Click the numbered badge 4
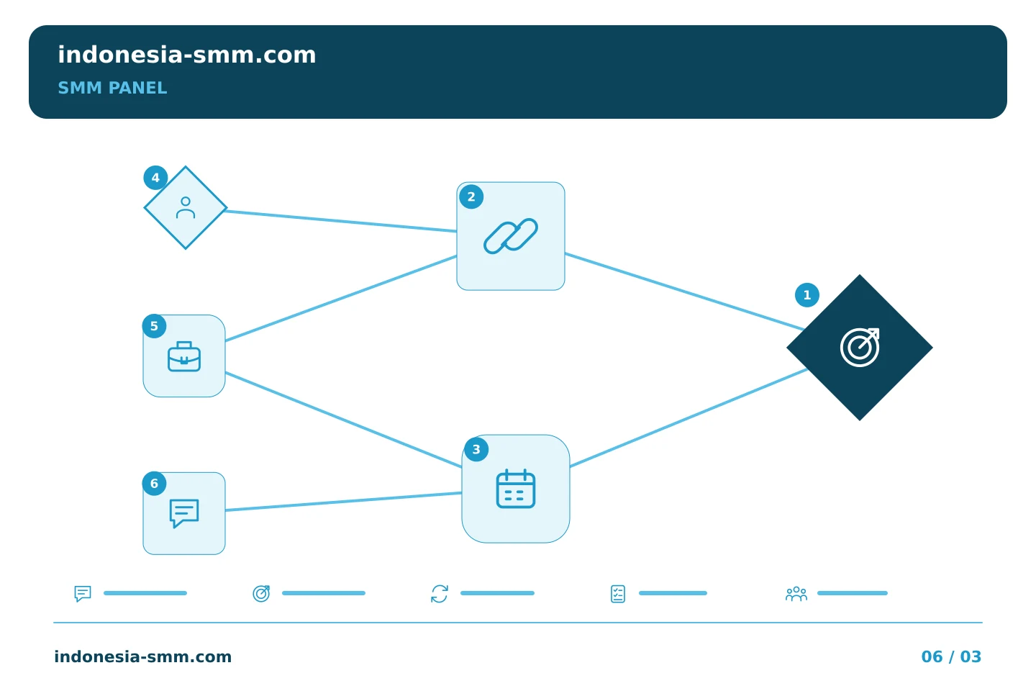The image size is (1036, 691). pos(155,178)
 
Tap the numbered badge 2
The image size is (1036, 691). pos(471,197)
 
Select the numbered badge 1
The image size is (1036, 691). pos(807,295)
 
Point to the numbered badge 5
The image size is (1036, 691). pos(155,326)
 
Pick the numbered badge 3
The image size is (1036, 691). pos(476,449)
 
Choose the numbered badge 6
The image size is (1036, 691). pos(155,484)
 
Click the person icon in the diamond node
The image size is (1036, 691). pos(186,208)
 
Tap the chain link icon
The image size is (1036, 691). pos(511,236)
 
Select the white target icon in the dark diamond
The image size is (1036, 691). pos(860,348)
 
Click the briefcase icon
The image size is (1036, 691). pos(184,356)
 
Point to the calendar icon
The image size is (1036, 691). pos(516,489)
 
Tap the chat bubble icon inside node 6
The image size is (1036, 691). pos(184,513)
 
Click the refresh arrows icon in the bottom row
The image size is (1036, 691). pos(440,594)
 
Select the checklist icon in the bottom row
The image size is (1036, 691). pos(618,594)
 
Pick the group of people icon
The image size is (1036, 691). pos(796,594)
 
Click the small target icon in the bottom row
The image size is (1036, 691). pos(261,594)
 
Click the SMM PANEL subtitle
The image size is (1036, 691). pos(112,88)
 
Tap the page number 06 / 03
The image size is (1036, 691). pos(951,656)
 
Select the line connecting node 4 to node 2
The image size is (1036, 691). pos(341,221)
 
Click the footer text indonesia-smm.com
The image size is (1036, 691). pos(143,656)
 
